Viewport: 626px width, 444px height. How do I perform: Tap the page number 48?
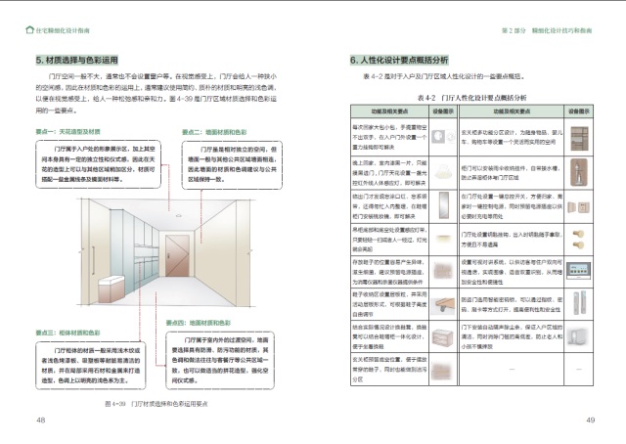point(41,420)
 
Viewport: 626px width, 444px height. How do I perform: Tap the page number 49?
point(590,420)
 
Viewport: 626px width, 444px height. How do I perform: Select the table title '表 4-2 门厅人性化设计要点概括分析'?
point(470,98)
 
